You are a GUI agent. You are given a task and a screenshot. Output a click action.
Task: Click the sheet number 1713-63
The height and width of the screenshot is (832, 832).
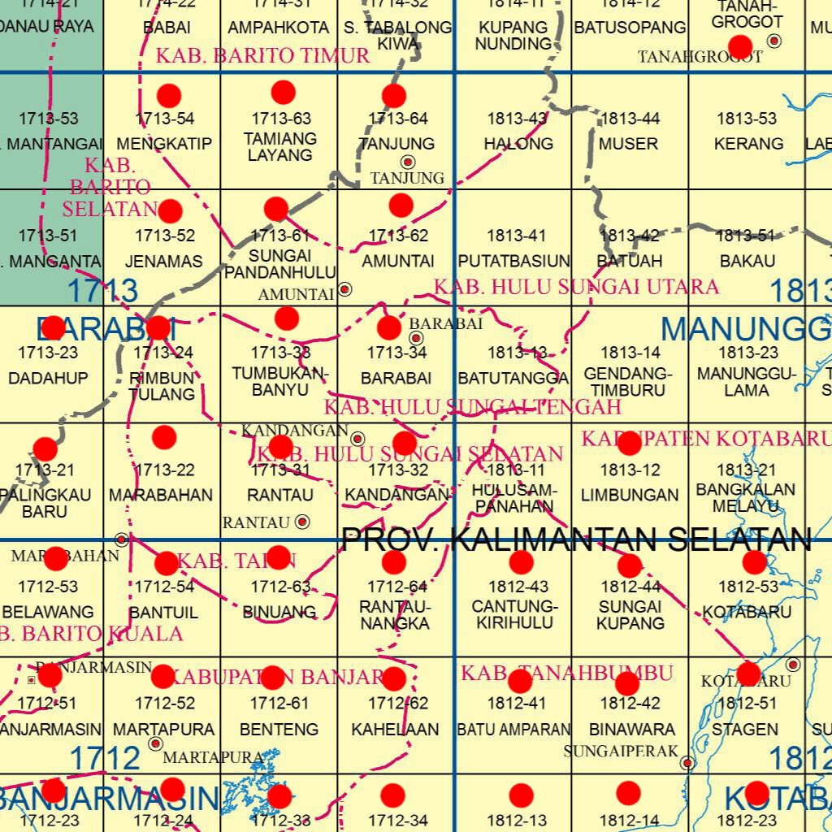[280, 119]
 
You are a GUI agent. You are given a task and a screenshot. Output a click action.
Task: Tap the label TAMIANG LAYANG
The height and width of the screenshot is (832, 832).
[280, 146]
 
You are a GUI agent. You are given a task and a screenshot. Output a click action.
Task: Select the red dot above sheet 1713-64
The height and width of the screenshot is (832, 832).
[394, 96]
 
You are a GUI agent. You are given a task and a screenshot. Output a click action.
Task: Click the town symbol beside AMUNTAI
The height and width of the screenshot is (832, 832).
[345, 288]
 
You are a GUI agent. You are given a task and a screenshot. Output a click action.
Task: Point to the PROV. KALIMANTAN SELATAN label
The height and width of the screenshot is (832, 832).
[577, 539]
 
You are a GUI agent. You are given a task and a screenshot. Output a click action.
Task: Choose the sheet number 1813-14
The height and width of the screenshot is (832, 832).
[630, 353]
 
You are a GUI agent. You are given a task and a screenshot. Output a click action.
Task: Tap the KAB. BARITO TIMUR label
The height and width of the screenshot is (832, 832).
[262, 56]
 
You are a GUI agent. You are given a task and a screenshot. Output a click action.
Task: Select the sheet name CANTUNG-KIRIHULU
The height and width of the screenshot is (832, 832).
[514, 615]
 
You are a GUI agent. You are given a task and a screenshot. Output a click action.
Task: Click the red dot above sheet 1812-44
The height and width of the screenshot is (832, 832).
[630, 565]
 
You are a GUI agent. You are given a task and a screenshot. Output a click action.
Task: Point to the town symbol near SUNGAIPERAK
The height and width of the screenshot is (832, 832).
[688, 763]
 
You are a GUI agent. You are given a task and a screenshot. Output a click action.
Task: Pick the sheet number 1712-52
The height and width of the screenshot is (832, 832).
[165, 704]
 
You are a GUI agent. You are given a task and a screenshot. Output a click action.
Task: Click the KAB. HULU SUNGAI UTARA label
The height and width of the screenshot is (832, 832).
[576, 287]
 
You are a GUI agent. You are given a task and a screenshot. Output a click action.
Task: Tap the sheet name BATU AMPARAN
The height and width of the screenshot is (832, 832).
[513, 730]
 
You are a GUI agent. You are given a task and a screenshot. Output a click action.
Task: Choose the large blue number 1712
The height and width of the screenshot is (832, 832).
[105, 759]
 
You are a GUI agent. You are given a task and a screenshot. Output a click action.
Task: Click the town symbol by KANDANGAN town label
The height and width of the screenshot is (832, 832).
[357, 439]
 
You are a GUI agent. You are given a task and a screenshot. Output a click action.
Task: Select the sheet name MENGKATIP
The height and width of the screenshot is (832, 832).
[163, 144]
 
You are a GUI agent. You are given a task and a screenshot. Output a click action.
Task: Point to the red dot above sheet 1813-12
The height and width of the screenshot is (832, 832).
[630, 444]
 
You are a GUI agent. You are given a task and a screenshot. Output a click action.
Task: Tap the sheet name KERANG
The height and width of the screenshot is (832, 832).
[748, 144]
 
